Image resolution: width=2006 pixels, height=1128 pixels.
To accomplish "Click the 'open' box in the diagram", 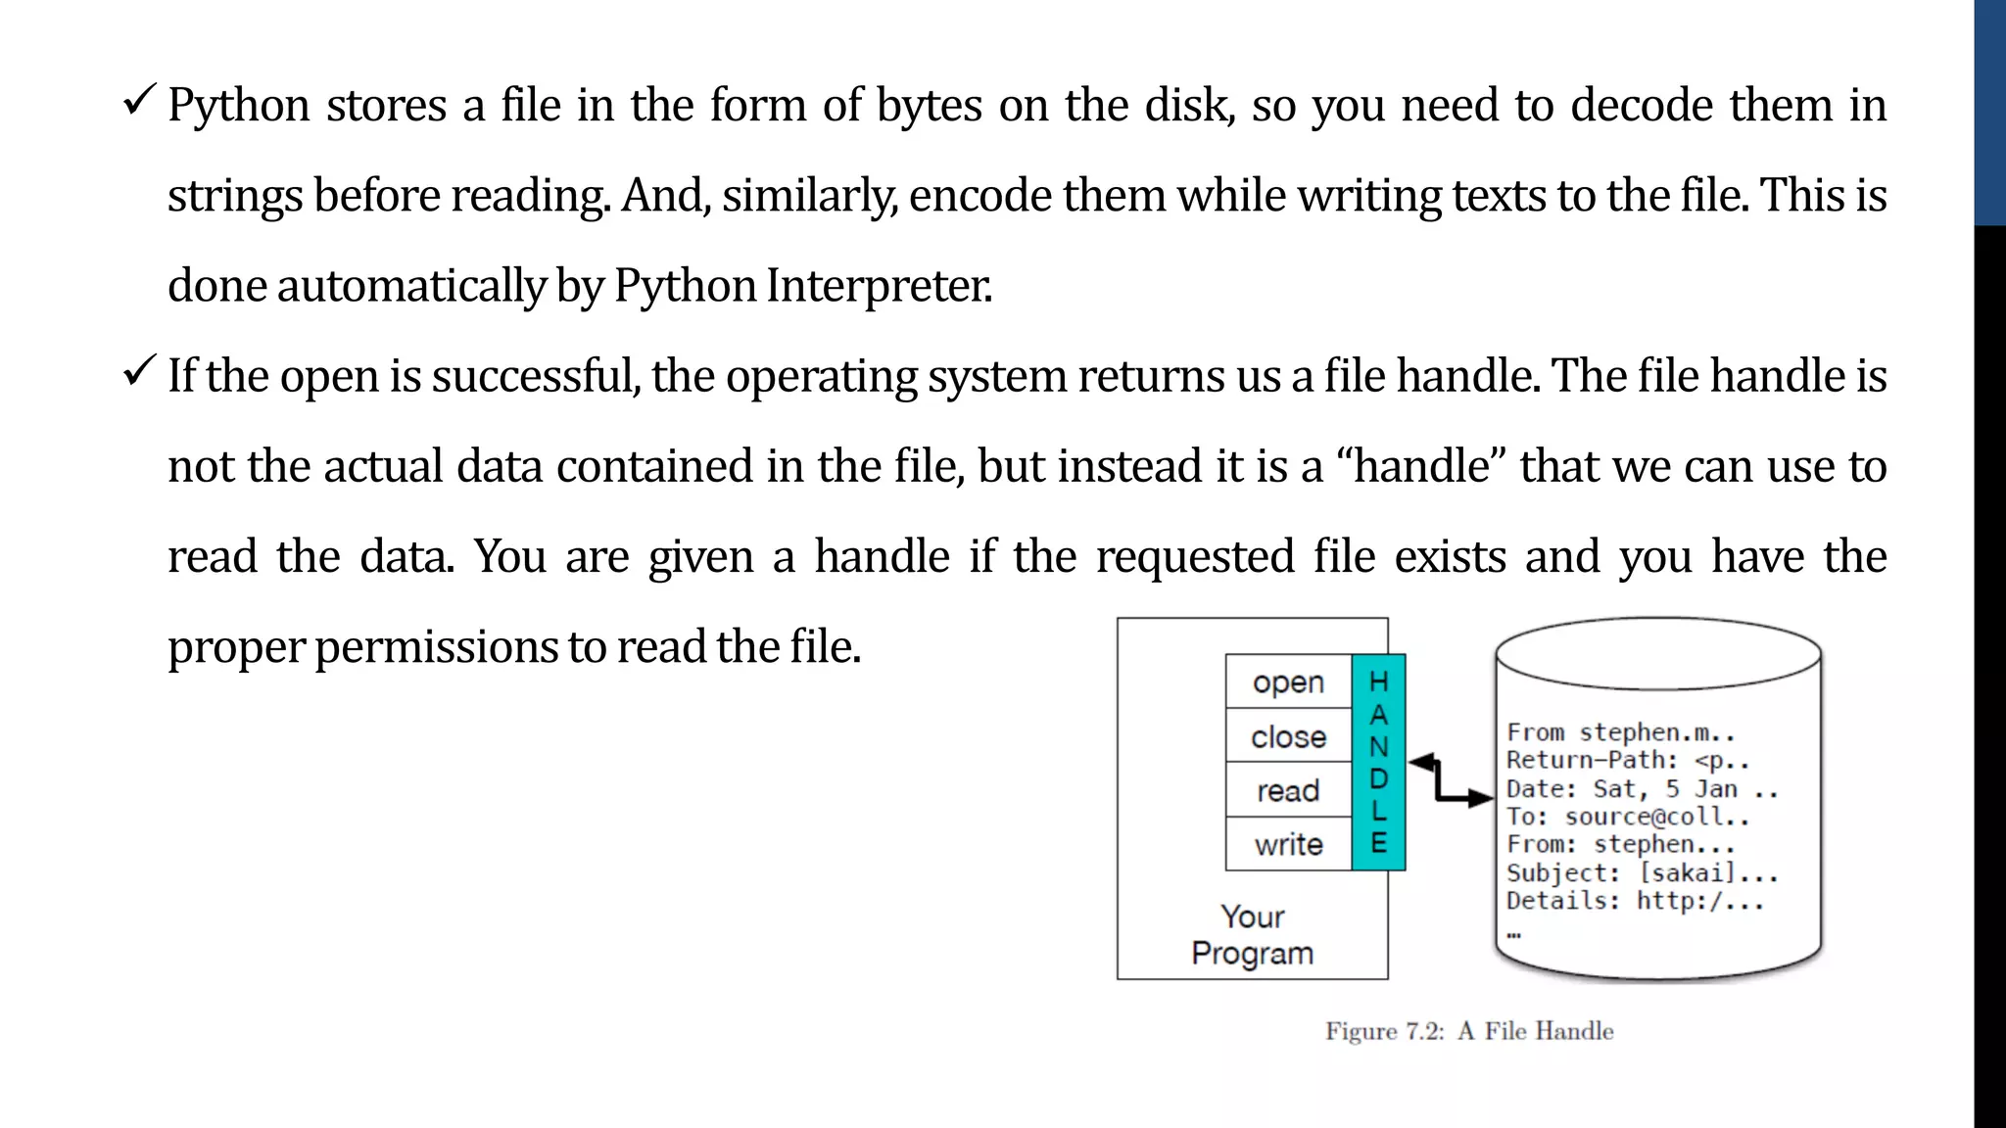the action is pyautogui.click(x=1288, y=682).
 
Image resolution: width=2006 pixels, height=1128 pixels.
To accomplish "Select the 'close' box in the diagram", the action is pyautogui.click(x=1288, y=736).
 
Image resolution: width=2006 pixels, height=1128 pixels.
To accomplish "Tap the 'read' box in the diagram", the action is pyautogui.click(x=1288, y=790).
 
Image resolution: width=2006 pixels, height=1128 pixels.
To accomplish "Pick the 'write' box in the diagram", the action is pyautogui.click(x=1288, y=844).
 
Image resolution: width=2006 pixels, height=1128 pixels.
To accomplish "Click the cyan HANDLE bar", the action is pyautogui.click(x=1378, y=762).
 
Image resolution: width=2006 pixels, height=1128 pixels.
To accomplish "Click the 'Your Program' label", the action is pyautogui.click(x=1253, y=935).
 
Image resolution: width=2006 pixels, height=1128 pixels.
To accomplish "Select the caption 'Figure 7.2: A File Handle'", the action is pyautogui.click(x=1469, y=1031).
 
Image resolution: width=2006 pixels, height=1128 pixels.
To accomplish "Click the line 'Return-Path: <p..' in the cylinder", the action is pyautogui.click(x=1627, y=761).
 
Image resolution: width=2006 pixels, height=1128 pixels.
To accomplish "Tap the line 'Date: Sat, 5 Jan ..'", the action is pyautogui.click(x=1642, y=789).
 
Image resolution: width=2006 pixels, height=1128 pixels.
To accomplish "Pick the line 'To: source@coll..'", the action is pyautogui.click(x=1627, y=817).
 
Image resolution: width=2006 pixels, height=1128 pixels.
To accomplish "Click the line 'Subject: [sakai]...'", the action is pyautogui.click(x=1642, y=872).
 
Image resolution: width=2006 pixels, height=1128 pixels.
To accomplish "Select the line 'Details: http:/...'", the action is pyautogui.click(x=1635, y=901).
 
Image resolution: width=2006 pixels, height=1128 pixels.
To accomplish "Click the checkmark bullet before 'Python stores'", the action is pyautogui.click(x=139, y=101).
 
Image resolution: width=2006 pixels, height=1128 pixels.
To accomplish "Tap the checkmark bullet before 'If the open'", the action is pyautogui.click(x=139, y=371).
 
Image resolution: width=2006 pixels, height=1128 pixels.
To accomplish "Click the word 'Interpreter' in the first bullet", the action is pyautogui.click(x=879, y=286).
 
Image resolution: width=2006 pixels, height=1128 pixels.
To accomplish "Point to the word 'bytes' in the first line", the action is pyautogui.click(x=929, y=106).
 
